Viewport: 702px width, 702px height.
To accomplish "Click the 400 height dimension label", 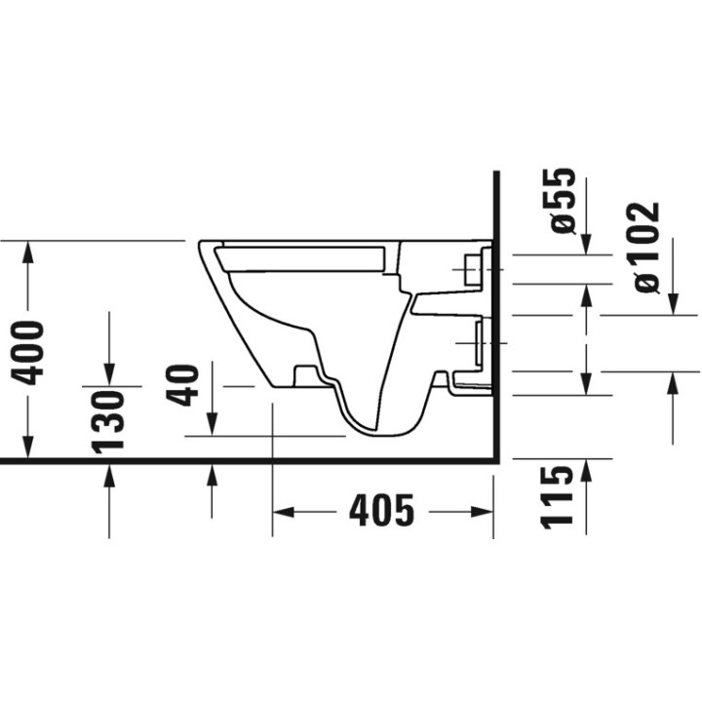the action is click(27, 352).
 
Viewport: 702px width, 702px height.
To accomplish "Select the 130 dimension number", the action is click(107, 422).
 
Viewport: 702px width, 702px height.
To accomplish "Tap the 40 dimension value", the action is click(181, 385).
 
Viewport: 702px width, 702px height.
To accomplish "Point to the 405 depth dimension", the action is click(382, 511).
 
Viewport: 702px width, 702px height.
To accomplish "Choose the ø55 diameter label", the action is click(563, 201).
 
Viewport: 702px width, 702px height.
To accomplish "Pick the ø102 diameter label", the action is click(647, 248).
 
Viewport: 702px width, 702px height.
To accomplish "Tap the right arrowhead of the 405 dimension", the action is click(482, 512).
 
